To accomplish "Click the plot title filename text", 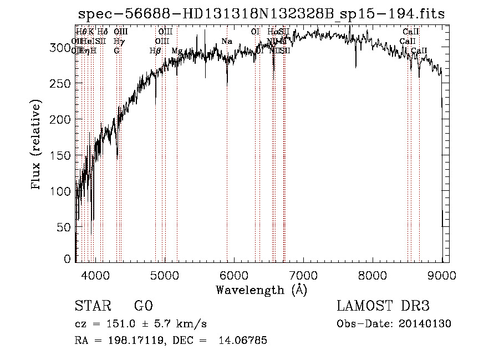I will [262, 14].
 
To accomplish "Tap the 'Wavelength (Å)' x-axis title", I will [261, 290].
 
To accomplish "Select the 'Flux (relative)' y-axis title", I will [37, 146].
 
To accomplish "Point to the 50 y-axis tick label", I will [65, 227].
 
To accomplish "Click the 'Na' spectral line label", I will [226, 42].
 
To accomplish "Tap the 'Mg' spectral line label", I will [176, 51].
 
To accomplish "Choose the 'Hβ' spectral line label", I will [155, 51].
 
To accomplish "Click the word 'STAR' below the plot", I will [91, 306].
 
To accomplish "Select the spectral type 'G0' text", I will [143, 306].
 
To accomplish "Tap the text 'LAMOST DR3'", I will [383, 306].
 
